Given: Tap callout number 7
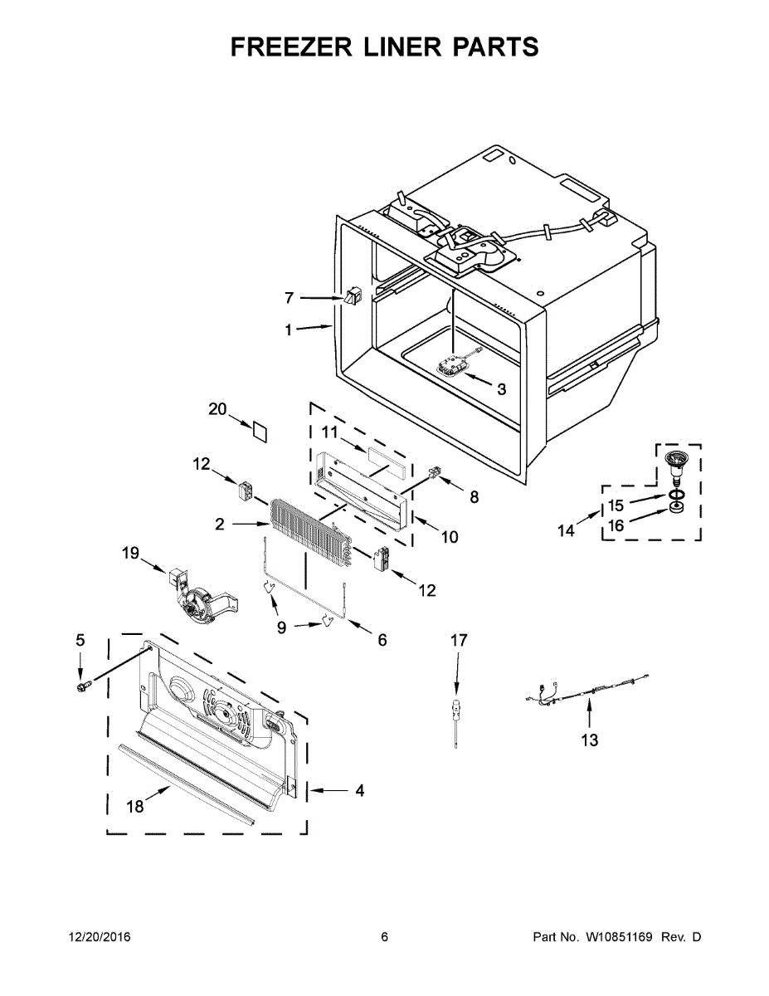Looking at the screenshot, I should [289, 297].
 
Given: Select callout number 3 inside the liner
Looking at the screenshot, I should [501, 388].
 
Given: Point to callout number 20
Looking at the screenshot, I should [217, 409].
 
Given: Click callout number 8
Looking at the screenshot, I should [474, 497].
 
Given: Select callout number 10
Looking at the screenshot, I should [449, 537].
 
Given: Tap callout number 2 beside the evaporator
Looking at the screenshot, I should [220, 524].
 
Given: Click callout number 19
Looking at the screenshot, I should [131, 552].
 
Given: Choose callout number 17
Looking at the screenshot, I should [459, 640].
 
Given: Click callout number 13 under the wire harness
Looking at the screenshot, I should [589, 740].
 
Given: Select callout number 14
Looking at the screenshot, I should [566, 530].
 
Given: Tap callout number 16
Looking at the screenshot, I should [616, 525].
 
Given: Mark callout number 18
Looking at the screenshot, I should [134, 806].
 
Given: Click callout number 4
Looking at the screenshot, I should [359, 791].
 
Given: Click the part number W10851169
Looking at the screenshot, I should [621, 937].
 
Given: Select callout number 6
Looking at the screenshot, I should [382, 640].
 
